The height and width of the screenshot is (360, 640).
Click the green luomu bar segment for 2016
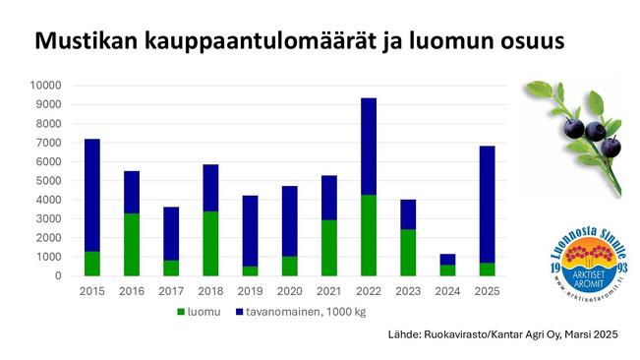pyautogui.click(x=132, y=244)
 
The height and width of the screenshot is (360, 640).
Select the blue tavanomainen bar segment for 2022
pyautogui.click(x=369, y=147)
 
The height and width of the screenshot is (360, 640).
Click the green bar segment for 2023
pyautogui.click(x=408, y=252)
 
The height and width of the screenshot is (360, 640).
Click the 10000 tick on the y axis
pyautogui.click(x=48, y=86)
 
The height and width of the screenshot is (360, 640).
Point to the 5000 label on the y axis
pyautogui.click(x=51, y=181)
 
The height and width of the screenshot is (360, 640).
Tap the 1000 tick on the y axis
pyautogui.click(x=51, y=257)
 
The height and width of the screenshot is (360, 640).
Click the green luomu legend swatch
pyautogui.click(x=182, y=313)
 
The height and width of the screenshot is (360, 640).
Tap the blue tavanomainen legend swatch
pyautogui.click(x=241, y=313)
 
